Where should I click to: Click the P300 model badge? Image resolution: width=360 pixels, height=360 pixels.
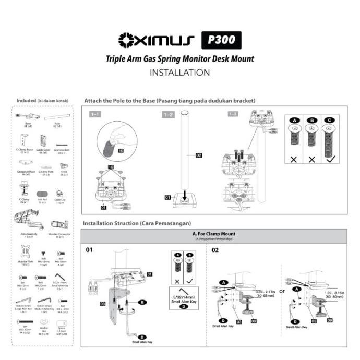pos(221,40)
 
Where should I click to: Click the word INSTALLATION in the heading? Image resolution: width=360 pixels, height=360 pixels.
pos(179,73)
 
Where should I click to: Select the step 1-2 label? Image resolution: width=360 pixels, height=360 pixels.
pos(168,114)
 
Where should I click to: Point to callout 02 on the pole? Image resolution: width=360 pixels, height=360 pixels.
pos(199,155)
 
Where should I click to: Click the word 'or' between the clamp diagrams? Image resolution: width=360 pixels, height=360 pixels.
pos(282,291)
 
